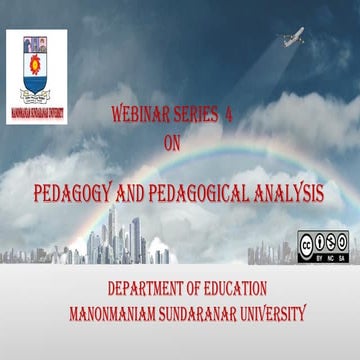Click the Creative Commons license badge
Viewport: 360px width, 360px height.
tap(322, 246)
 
